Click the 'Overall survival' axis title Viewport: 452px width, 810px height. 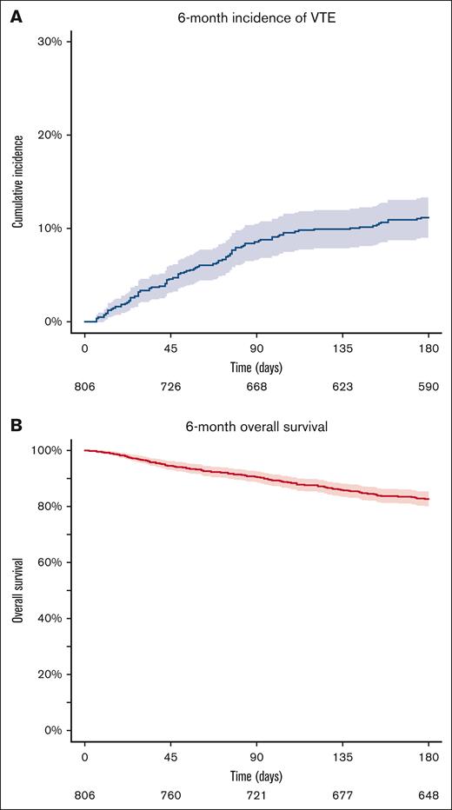[17, 591]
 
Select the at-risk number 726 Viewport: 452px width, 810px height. [170, 387]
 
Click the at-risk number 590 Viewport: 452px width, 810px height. [429, 387]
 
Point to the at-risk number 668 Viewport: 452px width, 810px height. [256, 387]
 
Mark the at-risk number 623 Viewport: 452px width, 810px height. [342, 387]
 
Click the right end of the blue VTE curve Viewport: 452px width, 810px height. [429, 217]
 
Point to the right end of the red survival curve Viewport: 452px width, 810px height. [429, 499]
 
